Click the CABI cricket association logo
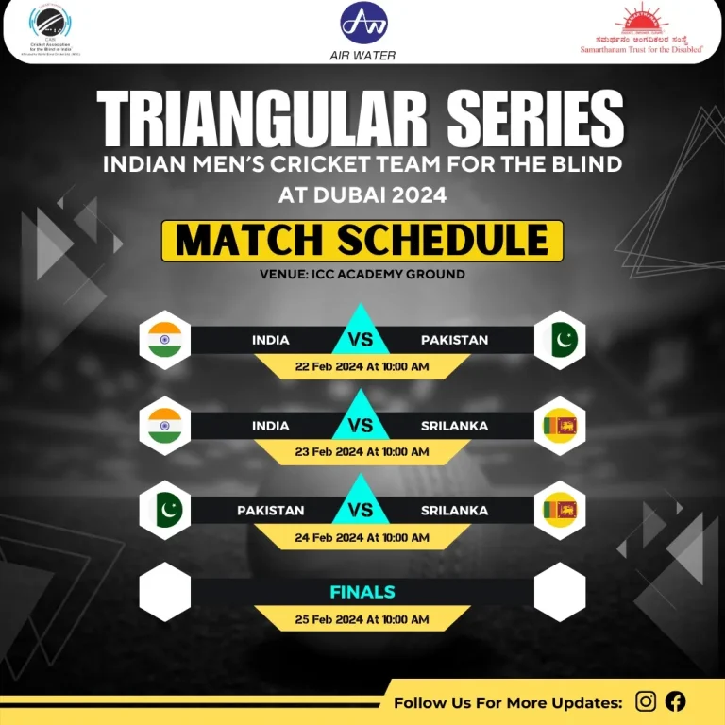[56, 29]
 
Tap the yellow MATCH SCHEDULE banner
[362, 241]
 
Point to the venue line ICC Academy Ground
[362, 275]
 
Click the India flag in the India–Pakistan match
[165, 340]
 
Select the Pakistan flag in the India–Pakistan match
[560, 340]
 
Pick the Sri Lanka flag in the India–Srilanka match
[560, 426]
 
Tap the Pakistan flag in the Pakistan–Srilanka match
[165, 511]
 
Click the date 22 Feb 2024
[362, 366]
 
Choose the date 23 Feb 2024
[362, 452]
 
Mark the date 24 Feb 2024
[362, 537]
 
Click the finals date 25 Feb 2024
[362, 619]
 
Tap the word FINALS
[362, 593]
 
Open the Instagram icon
[646, 701]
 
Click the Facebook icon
[675, 701]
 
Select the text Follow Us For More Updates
[508, 702]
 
